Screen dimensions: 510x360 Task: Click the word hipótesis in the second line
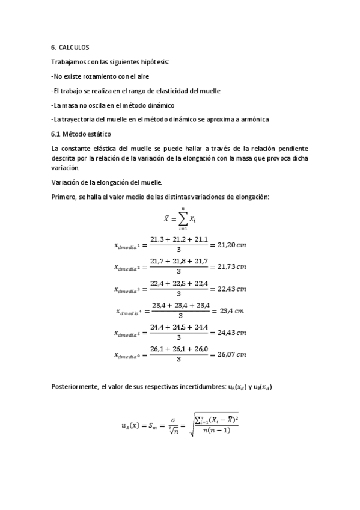click(153, 61)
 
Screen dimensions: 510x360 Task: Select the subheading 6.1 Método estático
click(81, 134)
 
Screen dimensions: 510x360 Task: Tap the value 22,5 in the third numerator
click(179, 283)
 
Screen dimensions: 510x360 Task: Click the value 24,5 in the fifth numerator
click(179, 327)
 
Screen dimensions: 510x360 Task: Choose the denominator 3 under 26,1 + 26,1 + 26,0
click(179, 360)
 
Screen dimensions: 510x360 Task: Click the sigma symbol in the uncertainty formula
click(172, 421)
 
